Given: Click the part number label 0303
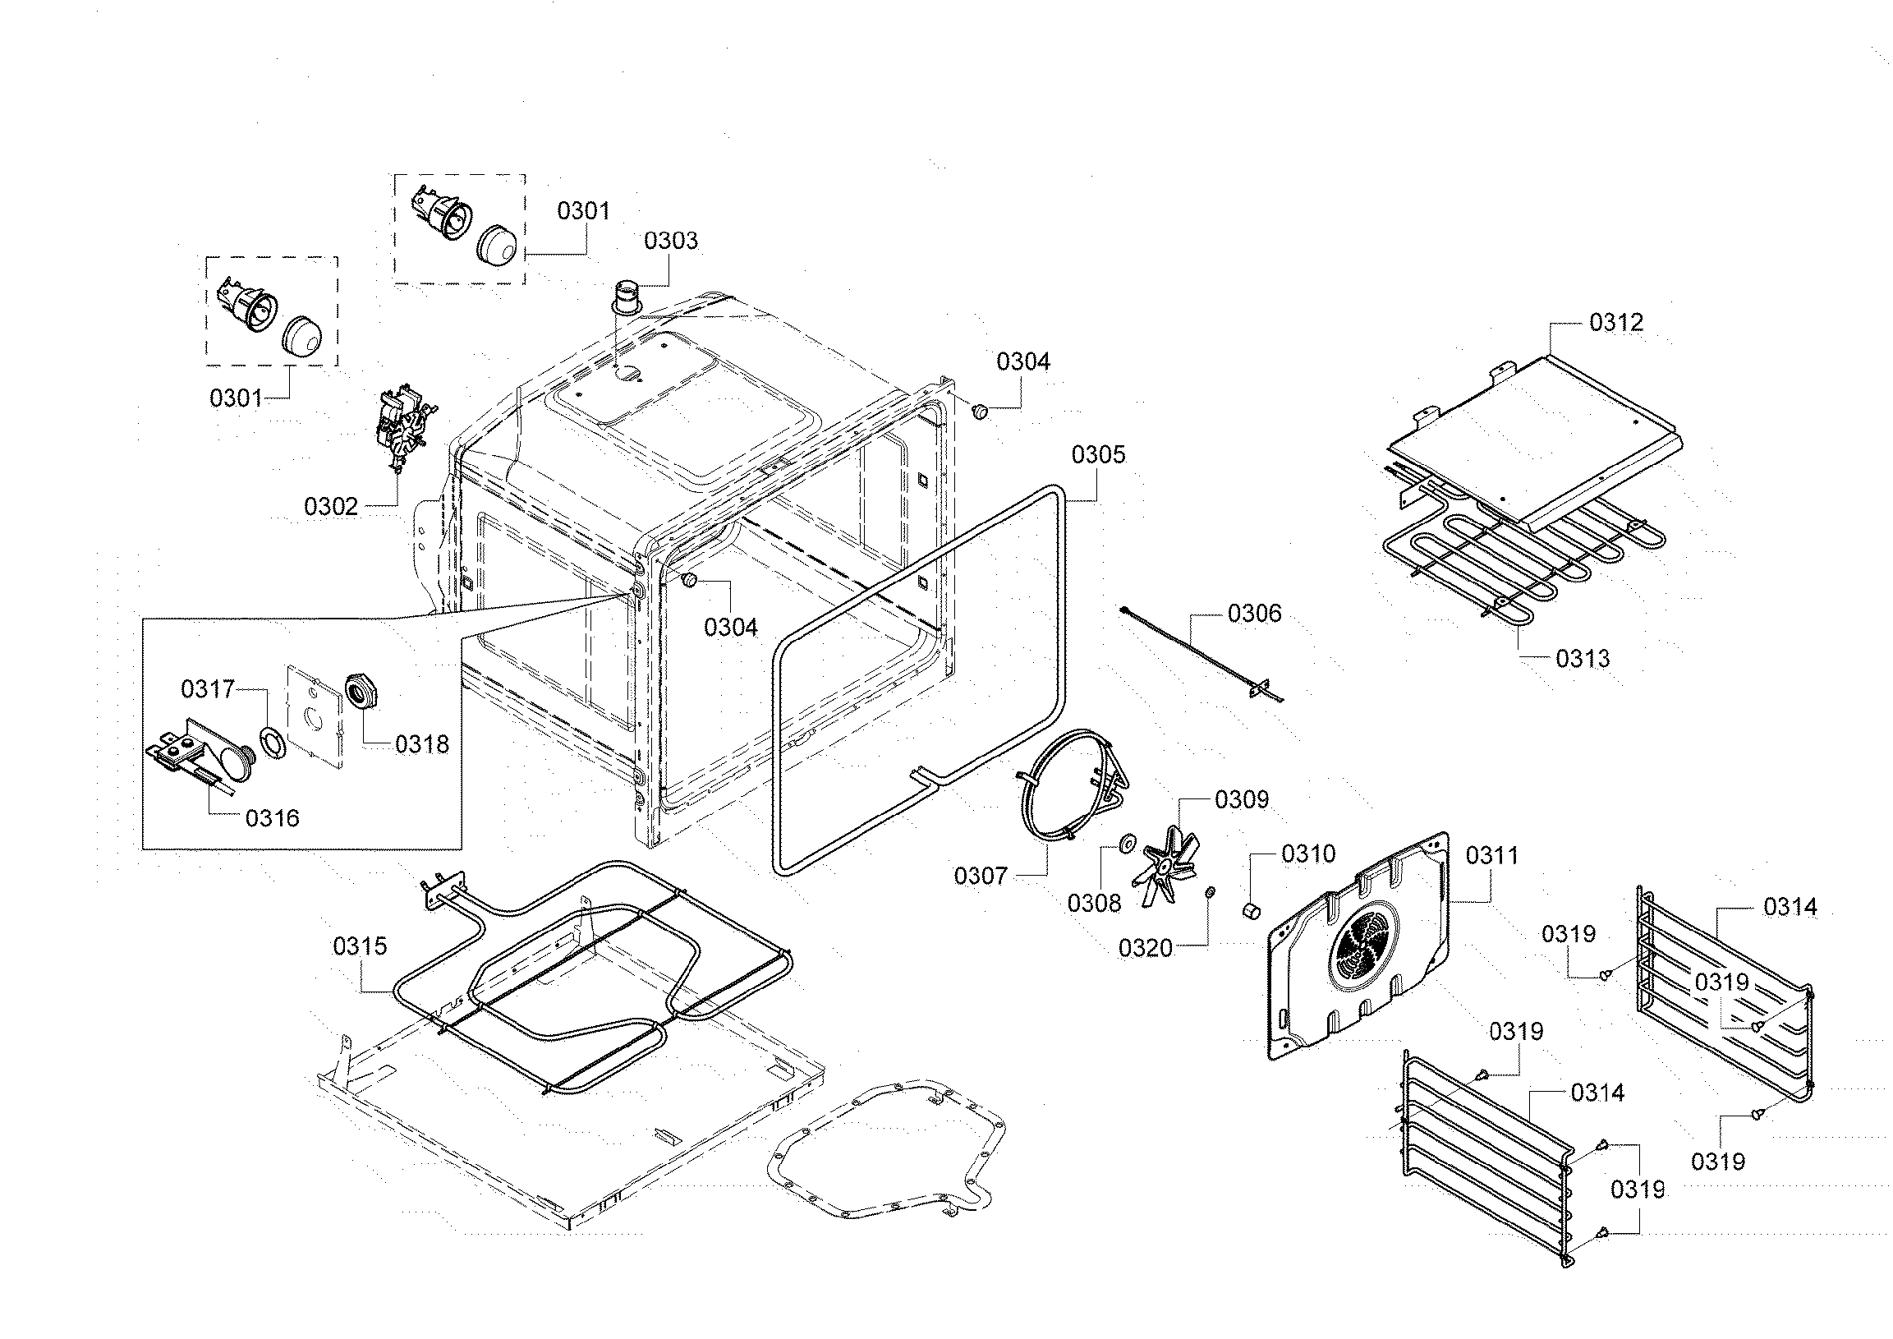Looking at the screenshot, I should (x=670, y=241).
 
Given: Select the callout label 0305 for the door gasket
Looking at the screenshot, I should (x=1098, y=454).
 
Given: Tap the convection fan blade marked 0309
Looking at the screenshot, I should (x=1163, y=867).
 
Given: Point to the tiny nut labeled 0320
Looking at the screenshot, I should (x=1210, y=892).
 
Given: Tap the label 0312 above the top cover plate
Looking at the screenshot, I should (x=1616, y=322).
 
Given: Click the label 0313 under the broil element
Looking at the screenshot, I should (x=1583, y=658).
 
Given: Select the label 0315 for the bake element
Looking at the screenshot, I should (x=360, y=946).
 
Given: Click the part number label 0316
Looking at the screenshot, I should (x=272, y=818).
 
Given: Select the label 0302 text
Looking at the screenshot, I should (x=331, y=506).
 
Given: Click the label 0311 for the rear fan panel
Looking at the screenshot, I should (x=1491, y=855).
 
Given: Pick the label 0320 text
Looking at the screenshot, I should (x=1145, y=948).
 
